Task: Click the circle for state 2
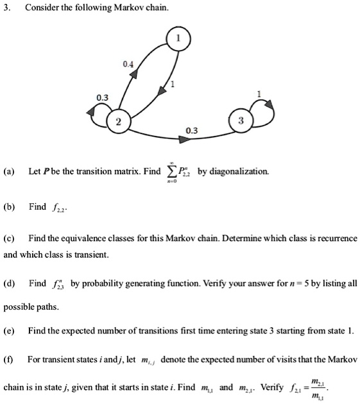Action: pyautogui.click(x=118, y=122)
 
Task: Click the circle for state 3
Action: pyautogui.click(x=239, y=121)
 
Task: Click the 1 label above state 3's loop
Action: pyautogui.click(x=258, y=94)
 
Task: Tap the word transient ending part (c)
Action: pyautogui.click(x=92, y=254)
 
